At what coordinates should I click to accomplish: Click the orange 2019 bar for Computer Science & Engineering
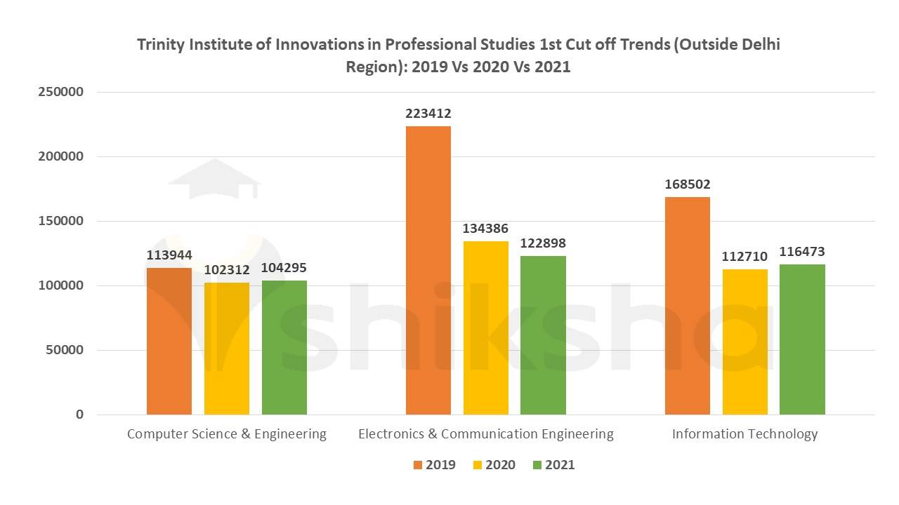(169, 341)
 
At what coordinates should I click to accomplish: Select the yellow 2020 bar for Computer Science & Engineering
(227, 348)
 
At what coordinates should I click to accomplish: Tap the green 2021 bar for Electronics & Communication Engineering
(543, 335)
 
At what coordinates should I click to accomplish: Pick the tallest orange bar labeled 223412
(428, 270)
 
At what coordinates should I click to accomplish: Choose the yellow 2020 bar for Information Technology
(744, 342)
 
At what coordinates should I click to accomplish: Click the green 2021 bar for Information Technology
(802, 339)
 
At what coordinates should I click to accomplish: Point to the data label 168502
(688, 184)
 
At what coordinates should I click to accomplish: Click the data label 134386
(485, 229)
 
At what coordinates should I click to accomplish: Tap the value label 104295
(284, 268)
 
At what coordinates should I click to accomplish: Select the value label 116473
(801, 251)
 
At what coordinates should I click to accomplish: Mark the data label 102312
(227, 269)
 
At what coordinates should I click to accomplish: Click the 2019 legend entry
(433, 465)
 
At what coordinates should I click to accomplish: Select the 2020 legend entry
(493, 465)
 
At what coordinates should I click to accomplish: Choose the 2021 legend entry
(553, 465)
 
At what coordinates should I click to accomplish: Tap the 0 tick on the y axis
(79, 415)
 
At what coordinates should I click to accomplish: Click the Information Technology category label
(744, 434)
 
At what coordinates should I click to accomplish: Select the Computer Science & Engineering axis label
(227, 434)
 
